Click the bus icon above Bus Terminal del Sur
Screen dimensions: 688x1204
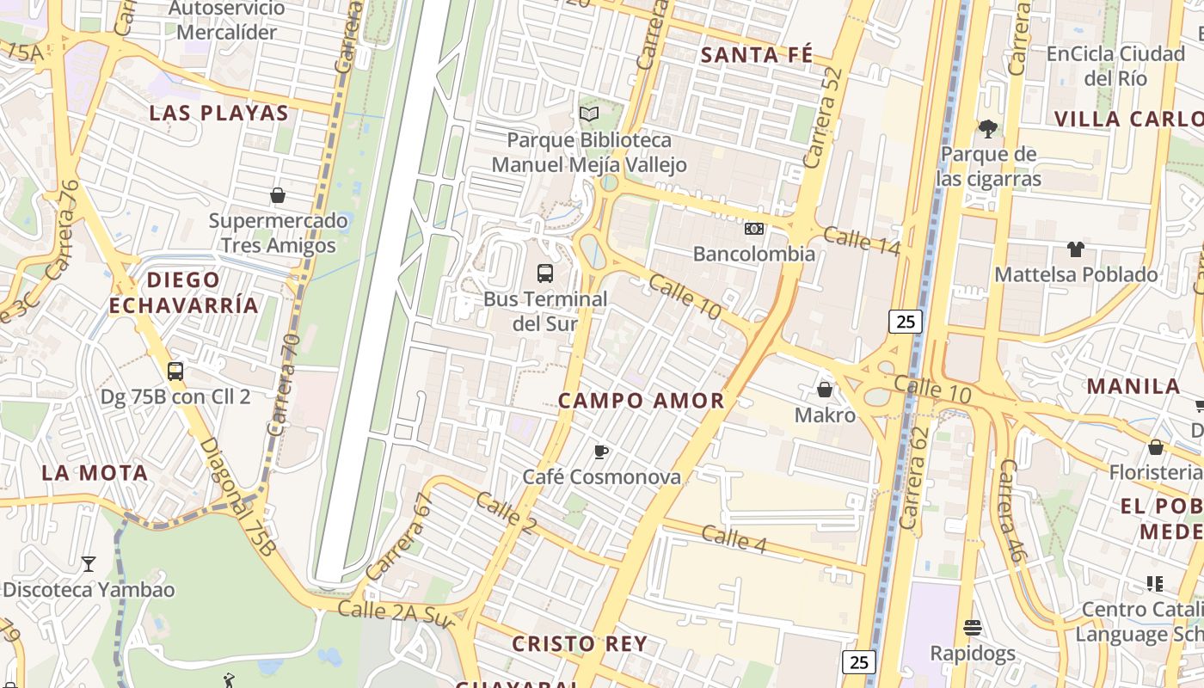coord(544,273)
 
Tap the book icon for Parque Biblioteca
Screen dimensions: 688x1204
coord(589,114)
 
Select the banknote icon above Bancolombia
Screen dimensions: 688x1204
coord(754,228)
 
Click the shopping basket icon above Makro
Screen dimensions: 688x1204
coord(825,390)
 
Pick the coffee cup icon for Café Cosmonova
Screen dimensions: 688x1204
coord(601,451)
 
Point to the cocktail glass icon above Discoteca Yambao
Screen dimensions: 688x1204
coord(88,564)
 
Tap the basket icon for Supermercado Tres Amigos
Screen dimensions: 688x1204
coord(278,195)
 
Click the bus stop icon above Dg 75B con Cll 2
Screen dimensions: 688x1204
coord(175,372)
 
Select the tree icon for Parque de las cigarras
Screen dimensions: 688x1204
coord(988,129)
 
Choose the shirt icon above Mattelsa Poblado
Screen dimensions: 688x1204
coord(1076,249)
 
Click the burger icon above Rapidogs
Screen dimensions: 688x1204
coord(973,628)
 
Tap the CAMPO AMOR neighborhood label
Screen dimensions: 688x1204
coord(642,401)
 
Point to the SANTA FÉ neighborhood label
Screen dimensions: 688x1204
coord(756,55)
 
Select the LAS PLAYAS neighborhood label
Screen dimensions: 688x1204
coord(219,113)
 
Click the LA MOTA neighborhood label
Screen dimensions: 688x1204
coord(95,472)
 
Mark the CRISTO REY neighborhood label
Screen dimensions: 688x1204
coord(592,643)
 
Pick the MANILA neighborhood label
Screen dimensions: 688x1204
coord(1133,385)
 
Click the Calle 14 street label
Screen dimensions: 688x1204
coord(862,241)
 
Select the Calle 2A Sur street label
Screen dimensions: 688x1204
coord(396,612)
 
